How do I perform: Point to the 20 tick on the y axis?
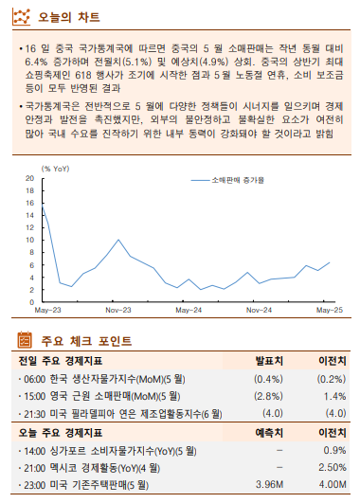click(x=28, y=178)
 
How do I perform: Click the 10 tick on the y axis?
click(x=28, y=240)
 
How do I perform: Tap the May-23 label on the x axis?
click(x=47, y=310)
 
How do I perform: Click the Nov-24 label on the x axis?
click(x=259, y=310)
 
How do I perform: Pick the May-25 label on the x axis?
click(x=329, y=310)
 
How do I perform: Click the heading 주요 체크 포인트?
click(x=85, y=340)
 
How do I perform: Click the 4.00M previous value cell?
click(x=329, y=485)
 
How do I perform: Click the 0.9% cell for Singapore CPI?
click(x=333, y=450)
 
